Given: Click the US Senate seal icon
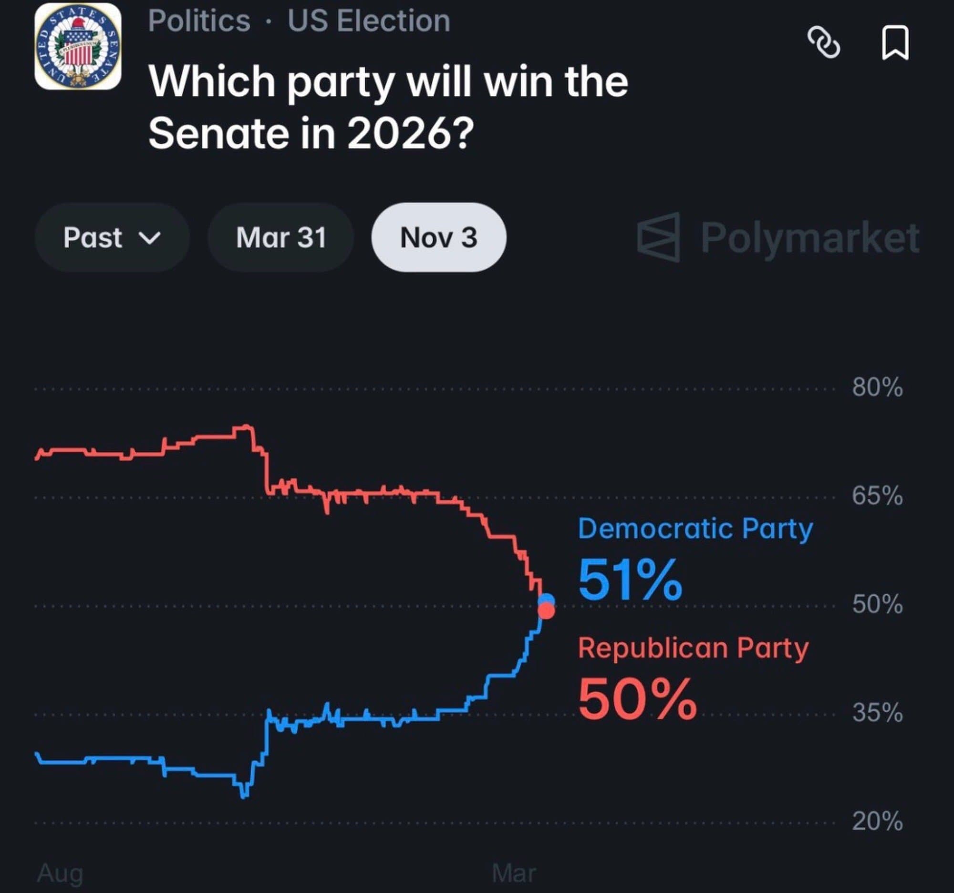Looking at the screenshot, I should point(78,47).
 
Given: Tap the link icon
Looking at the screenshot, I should point(823,43).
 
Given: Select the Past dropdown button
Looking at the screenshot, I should point(112,238).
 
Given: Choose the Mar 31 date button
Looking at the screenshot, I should point(281,238).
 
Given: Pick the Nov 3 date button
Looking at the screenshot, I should point(439,238).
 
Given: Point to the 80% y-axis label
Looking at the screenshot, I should point(877,387).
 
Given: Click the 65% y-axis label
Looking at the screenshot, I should point(877,496).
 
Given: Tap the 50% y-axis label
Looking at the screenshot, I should point(877,604).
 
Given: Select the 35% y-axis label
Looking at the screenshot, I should point(877,713).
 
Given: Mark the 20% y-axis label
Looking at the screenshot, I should point(877,821).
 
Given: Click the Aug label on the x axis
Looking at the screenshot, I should point(60,873).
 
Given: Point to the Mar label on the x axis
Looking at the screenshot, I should point(513,873).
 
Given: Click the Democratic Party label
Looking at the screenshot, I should point(695,530).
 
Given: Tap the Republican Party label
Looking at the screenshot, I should point(693,648).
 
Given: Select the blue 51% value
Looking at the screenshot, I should point(630,580).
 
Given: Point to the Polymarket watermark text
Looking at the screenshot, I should point(809,238).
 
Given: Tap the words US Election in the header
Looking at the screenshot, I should point(369,21).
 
